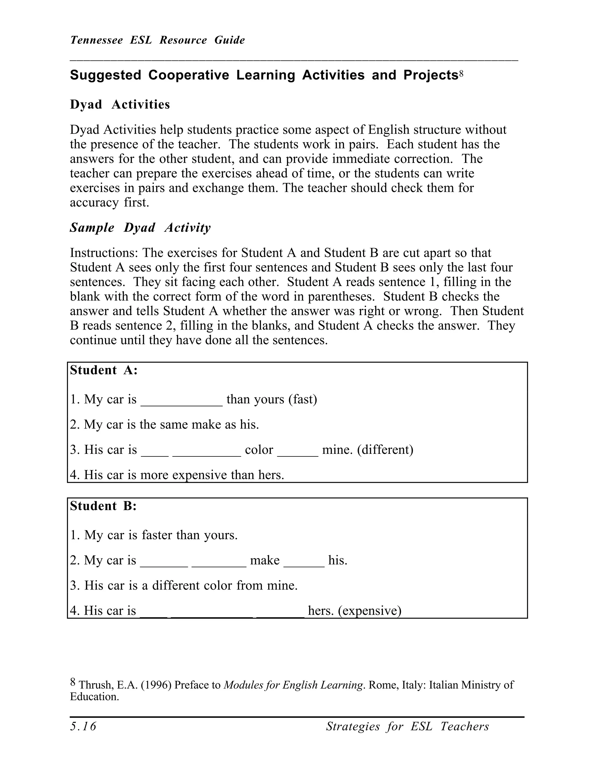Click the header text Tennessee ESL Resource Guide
pyautogui.click(x=157, y=40)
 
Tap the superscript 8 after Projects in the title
pyautogui.click(x=461, y=74)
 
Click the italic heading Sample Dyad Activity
pyautogui.click(x=140, y=228)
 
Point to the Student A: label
pyautogui.click(x=104, y=370)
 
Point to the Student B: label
pyautogui.click(x=103, y=506)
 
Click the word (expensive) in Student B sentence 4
pyautogui.click(x=370, y=611)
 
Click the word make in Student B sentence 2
pyautogui.click(x=265, y=560)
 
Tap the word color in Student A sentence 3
pyautogui.click(x=259, y=450)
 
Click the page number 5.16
pyautogui.click(x=83, y=727)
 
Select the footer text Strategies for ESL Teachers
pyautogui.click(x=407, y=727)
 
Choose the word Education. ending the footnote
pyautogui.click(x=94, y=697)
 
